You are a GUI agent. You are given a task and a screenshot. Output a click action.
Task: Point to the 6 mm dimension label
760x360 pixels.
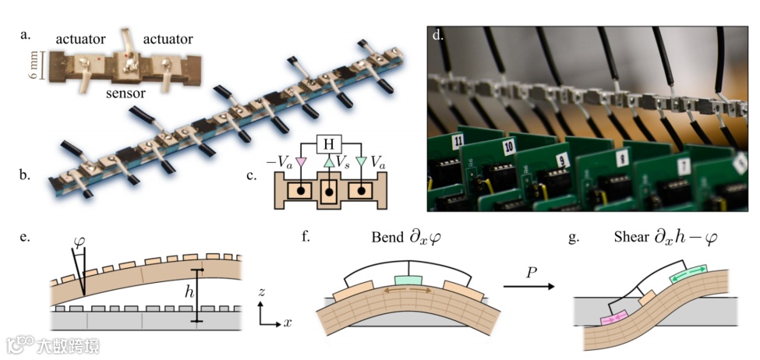click(x=34, y=65)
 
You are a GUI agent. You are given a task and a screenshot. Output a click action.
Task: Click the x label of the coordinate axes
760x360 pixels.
click(x=287, y=322)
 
